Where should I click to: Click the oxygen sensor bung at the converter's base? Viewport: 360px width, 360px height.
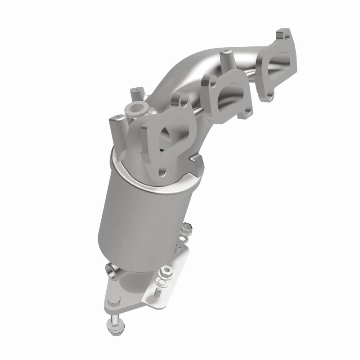110,270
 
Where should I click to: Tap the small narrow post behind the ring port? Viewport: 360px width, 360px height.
135,94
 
